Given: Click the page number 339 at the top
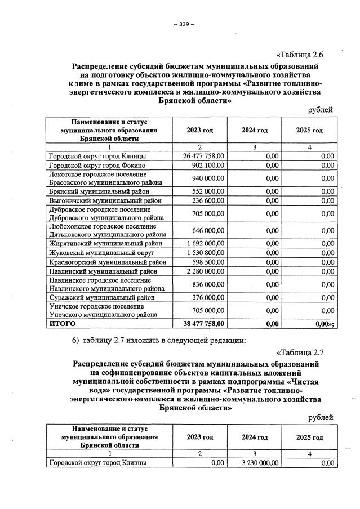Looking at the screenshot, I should click(x=184, y=24).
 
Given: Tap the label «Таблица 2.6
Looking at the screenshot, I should click(x=304, y=55).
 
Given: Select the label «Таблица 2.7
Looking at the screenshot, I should click(x=304, y=352).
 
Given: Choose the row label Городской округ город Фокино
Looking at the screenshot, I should click(x=97, y=166).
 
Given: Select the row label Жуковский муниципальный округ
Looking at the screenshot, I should click(x=97, y=253).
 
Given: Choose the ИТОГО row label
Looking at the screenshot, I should click(x=61, y=324).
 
